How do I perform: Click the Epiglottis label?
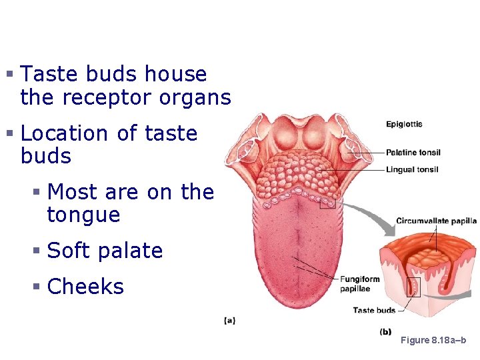(404, 124)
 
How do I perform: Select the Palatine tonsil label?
(413, 153)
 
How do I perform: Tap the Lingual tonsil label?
(412, 170)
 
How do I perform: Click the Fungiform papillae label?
(360, 284)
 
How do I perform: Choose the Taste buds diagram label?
(373, 310)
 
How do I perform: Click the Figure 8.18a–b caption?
(433, 341)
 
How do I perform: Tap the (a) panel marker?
(229, 321)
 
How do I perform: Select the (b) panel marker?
(385, 331)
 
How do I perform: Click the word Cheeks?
(86, 287)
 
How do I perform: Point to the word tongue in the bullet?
(83, 215)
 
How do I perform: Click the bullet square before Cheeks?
(38, 287)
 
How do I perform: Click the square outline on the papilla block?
(413, 287)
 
